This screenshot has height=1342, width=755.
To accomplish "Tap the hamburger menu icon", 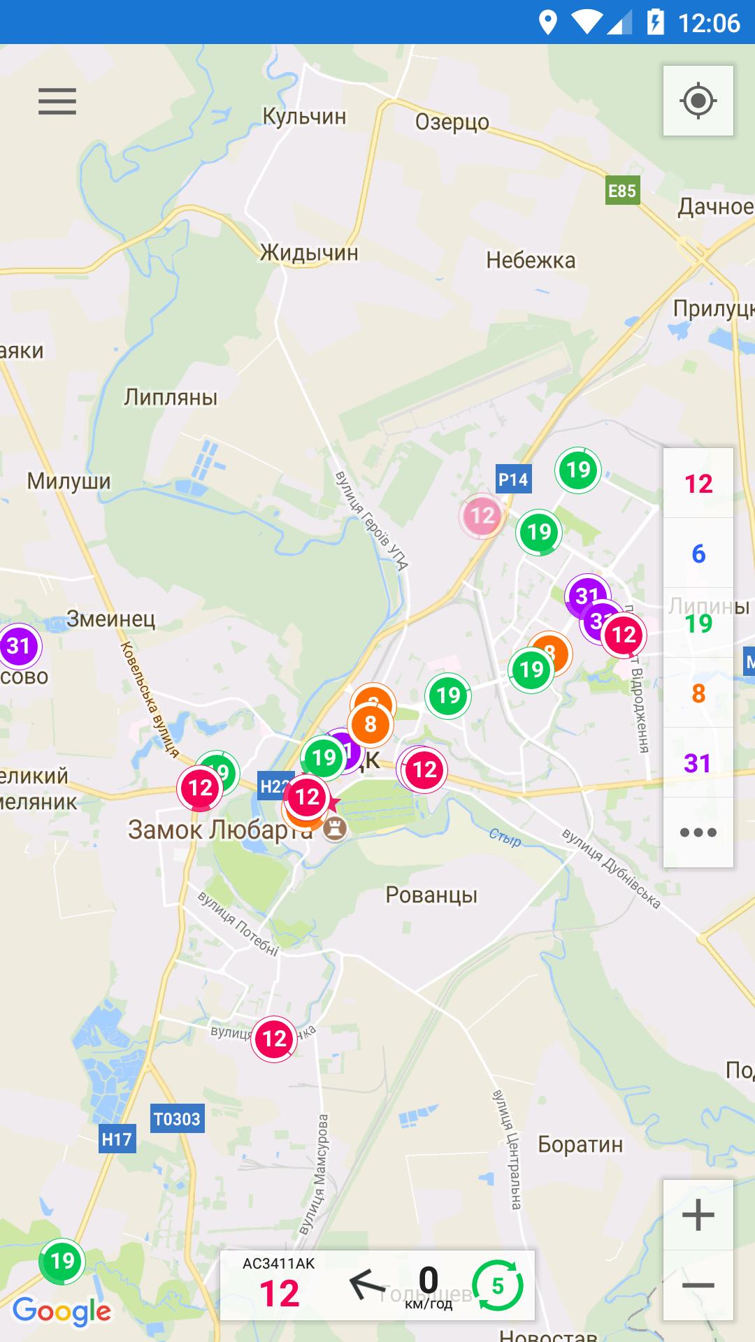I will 57,101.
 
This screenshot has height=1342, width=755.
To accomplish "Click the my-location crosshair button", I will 698,101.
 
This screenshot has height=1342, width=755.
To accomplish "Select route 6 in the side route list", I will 698,554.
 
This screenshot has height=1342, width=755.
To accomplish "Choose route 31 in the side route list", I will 698,763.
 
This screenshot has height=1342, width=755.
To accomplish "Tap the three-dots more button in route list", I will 698,832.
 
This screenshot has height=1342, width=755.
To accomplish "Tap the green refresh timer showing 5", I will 497,1286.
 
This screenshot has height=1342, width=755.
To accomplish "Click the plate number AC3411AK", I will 279,1264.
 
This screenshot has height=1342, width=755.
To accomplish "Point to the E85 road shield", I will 621,191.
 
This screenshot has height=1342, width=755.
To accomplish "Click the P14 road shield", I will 512,479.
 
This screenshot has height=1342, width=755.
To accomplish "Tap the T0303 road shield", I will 177,1119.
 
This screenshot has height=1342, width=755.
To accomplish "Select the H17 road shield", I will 117,1140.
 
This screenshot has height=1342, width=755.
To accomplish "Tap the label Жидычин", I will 309,252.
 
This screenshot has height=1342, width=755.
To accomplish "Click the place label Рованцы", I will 431,895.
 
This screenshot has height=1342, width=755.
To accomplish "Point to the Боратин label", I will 580,1144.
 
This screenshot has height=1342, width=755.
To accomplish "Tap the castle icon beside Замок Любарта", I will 336,830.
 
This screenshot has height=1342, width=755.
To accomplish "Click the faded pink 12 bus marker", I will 482,516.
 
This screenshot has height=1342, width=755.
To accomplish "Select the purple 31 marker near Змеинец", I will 19,646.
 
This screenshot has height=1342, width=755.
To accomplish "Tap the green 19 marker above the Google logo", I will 62,1262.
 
